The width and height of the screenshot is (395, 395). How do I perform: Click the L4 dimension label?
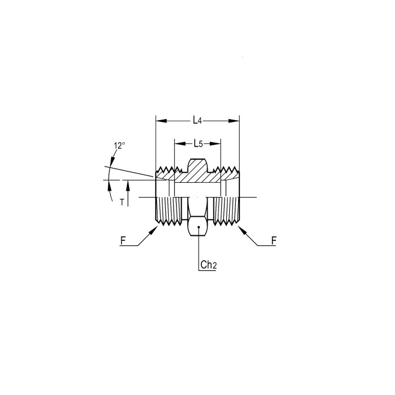[x=197, y=120]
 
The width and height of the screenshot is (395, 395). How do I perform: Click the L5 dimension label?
[x=198, y=143]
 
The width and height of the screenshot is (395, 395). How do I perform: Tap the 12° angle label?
[x=119, y=146]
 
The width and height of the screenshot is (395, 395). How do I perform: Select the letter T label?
[x=122, y=202]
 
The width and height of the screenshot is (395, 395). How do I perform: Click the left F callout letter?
[x=122, y=241]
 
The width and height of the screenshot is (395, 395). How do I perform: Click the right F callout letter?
[x=274, y=241]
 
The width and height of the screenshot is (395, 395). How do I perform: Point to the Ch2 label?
[x=209, y=265]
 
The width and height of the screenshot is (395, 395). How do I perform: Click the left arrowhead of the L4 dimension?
[x=161, y=121]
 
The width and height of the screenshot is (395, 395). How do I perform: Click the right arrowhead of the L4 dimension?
[x=234, y=121]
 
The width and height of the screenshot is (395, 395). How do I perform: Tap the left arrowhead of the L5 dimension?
[x=180, y=143]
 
